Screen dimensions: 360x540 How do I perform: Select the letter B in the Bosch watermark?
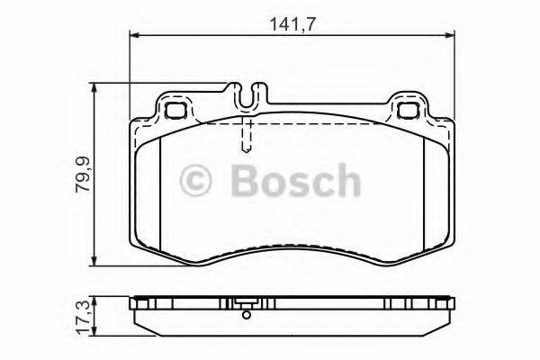click(x=247, y=182)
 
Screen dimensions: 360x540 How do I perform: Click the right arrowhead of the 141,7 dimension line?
click(x=450, y=35)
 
